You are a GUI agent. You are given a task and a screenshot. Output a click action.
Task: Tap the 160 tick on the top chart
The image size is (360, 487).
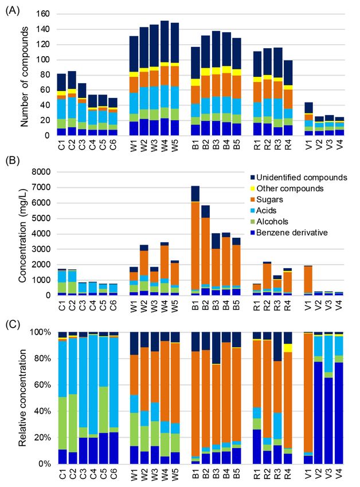(x=43, y=14)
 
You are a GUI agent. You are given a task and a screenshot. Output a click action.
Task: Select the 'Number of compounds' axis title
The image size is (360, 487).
(x=25, y=76)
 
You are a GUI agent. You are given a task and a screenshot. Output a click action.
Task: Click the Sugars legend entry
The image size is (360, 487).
(x=269, y=199)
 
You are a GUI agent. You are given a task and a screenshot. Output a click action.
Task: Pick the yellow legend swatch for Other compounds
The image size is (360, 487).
(x=253, y=188)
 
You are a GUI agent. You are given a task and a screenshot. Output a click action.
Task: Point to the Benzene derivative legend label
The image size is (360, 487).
(x=292, y=233)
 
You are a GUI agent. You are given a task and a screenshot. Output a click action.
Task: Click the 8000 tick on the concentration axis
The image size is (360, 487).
(x=42, y=172)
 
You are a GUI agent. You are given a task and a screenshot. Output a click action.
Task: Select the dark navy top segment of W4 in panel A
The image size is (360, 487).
(x=165, y=41)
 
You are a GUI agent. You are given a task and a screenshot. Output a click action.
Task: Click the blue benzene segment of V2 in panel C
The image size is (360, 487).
(x=318, y=413)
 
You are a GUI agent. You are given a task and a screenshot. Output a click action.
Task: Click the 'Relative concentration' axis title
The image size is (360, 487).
(x=22, y=398)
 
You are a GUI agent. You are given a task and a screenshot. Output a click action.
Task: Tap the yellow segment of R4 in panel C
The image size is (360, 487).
(x=288, y=348)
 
